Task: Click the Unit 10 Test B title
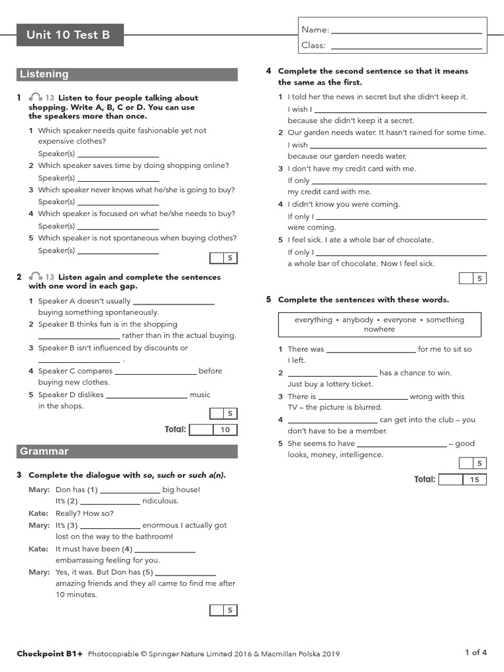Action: (x=68, y=35)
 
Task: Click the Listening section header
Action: (x=44, y=74)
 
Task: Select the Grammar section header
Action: (x=44, y=451)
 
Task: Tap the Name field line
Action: (x=407, y=31)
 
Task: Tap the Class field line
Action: (x=407, y=47)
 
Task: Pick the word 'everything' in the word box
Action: (x=314, y=320)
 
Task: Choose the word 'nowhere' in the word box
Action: (x=379, y=329)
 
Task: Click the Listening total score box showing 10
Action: (x=225, y=430)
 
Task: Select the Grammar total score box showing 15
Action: (x=474, y=480)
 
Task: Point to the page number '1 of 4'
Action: (x=476, y=652)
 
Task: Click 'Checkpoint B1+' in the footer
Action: (x=50, y=654)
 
